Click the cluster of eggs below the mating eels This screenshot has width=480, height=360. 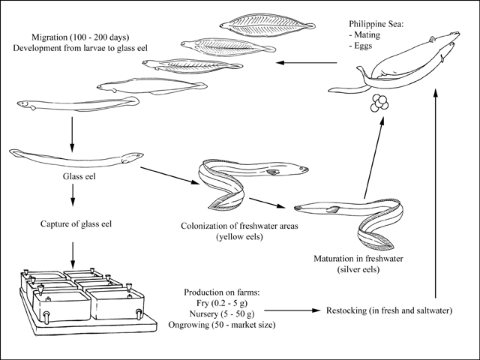[x=379, y=103]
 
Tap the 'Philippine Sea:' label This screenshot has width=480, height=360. [x=376, y=24]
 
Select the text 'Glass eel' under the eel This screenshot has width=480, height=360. [x=79, y=176]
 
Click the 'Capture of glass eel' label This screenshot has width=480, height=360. [x=76, y=224]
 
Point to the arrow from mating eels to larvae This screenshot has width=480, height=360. [x=306, y=63]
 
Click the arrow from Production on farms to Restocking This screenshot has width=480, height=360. [x=292, y=310]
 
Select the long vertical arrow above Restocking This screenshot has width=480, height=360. [x=436, y=192]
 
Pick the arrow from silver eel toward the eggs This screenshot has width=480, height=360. [x=373, y=157]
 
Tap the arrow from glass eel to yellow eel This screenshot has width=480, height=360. [x=169, y=175]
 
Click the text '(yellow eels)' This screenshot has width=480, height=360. [x=239, y=237]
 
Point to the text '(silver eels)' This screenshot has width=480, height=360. [x=358, y=270]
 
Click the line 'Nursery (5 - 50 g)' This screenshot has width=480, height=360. [x=222, y=313]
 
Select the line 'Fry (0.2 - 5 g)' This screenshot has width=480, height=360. [x=222, y=303]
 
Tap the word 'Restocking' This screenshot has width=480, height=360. [x=346, y=310]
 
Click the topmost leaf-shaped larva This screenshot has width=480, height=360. [x=267, y=25]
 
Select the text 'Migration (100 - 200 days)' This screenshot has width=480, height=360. [x=80, y=37]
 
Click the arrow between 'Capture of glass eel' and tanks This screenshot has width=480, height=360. [x=73, y=255]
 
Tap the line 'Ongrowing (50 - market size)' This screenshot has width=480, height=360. [x=222, y=325]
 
